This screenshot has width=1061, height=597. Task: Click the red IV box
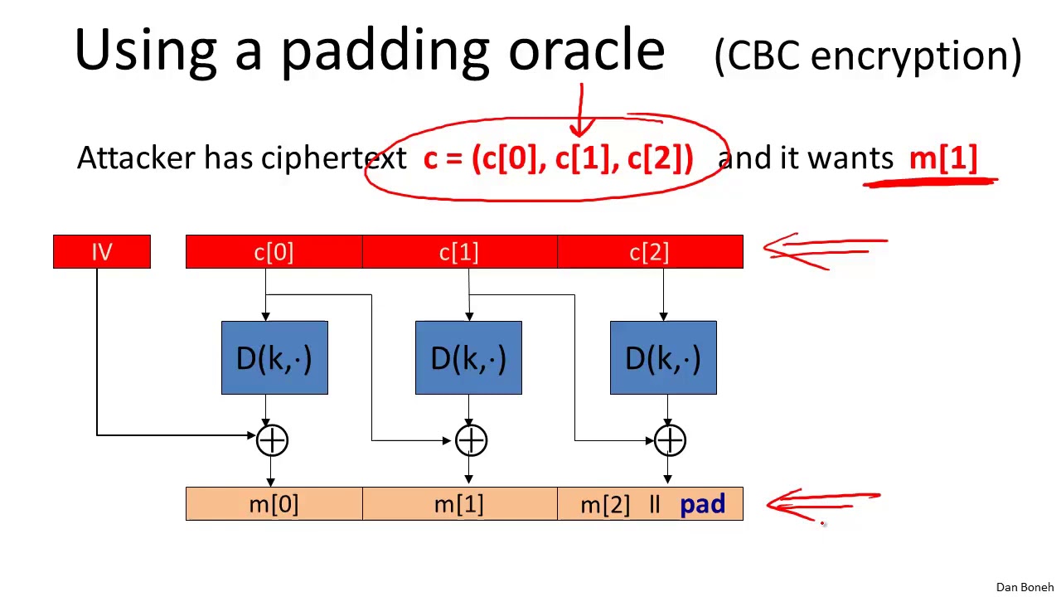pos(102,252)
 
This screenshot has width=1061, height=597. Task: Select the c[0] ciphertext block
pos(274,252)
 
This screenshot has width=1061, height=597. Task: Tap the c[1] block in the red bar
pos(459,252)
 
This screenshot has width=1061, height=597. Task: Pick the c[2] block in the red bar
pos(650,252)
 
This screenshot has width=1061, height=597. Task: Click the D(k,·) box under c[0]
pos(274,358)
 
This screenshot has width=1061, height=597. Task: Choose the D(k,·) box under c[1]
pos(468,358)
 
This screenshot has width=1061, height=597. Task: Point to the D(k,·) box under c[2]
pos(663,358)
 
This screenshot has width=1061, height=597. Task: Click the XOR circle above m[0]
pos(272,441)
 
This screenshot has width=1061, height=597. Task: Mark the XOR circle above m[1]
pos(471,441)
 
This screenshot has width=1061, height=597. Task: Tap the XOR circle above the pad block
pos(670,441)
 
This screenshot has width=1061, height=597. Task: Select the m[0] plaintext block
pos(274,504)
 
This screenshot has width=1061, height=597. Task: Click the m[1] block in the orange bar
pos(459,504)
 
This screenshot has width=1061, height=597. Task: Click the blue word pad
pos(703,504)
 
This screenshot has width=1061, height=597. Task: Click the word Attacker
pos(136,158)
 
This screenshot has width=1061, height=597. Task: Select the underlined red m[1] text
pos(943,158)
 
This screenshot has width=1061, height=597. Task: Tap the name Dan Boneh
pos(1025,587)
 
